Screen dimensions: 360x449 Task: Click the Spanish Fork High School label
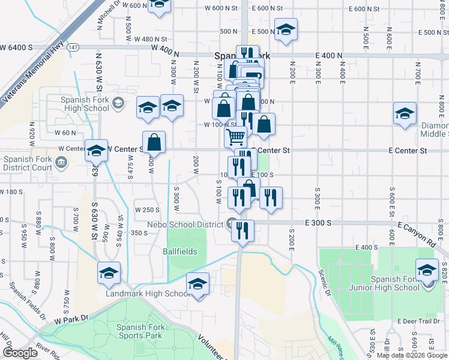84,104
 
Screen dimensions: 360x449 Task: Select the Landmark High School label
148,294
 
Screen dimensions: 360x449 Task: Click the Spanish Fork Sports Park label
139,331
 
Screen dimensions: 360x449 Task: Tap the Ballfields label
180,251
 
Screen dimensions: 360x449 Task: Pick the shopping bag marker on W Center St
154,142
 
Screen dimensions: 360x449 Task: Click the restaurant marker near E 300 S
243,230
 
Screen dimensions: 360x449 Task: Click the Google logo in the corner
20,353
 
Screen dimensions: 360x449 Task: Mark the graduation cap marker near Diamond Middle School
405,113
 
